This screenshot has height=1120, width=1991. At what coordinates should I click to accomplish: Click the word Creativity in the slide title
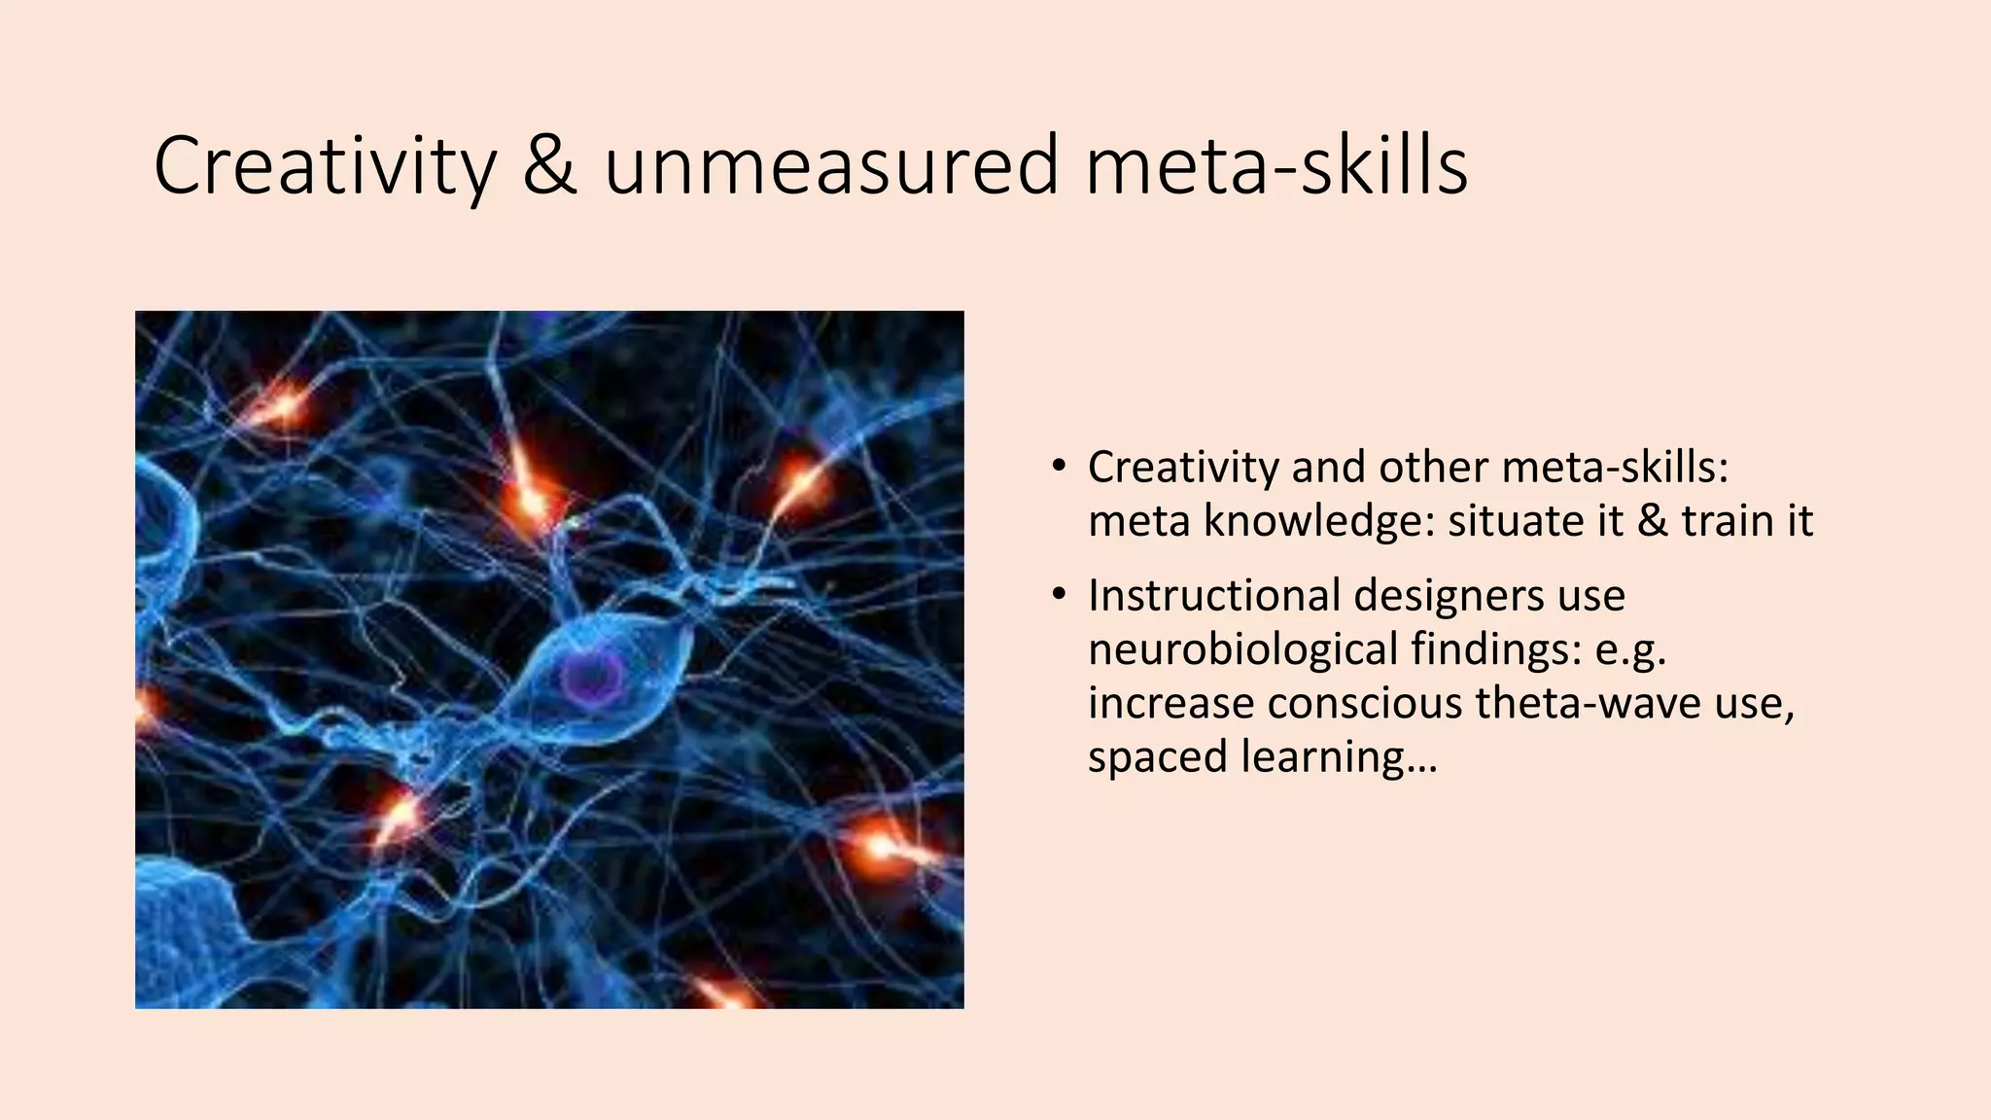click(x=325, y=167)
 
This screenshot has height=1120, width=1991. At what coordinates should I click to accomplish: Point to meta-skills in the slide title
click(x=1275, y=167)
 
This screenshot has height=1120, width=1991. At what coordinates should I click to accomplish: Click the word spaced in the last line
click(x=1157, y=757)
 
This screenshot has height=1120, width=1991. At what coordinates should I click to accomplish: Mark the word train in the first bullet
click(x=1724, y=521)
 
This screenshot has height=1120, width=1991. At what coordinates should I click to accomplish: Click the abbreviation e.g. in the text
click(x=1631, y=649)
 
